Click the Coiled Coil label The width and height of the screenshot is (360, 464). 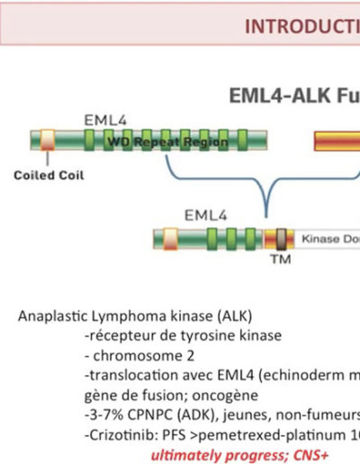click(x=49, y=175)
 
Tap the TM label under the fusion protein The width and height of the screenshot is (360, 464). click(x=281, y=259)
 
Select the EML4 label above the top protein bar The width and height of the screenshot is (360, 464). click(x=105, y=120)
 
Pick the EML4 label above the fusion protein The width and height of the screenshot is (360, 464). click(x=205, y=216)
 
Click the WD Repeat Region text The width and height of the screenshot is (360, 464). click(x=167, y=141)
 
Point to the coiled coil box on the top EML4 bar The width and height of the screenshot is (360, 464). click(x=48, y=139)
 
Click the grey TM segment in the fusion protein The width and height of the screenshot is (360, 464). click(x=281, y=239)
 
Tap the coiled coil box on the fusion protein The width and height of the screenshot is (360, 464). click(x=170, y=239)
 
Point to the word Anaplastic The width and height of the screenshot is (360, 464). click(x=53, y=317)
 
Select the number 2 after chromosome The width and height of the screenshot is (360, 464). click(x=191, y=356)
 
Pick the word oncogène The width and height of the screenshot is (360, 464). click(x=225, y=396)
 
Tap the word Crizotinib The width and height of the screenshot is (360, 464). click(x=123, y=435)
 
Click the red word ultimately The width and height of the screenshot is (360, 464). click(x=186, y=456)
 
